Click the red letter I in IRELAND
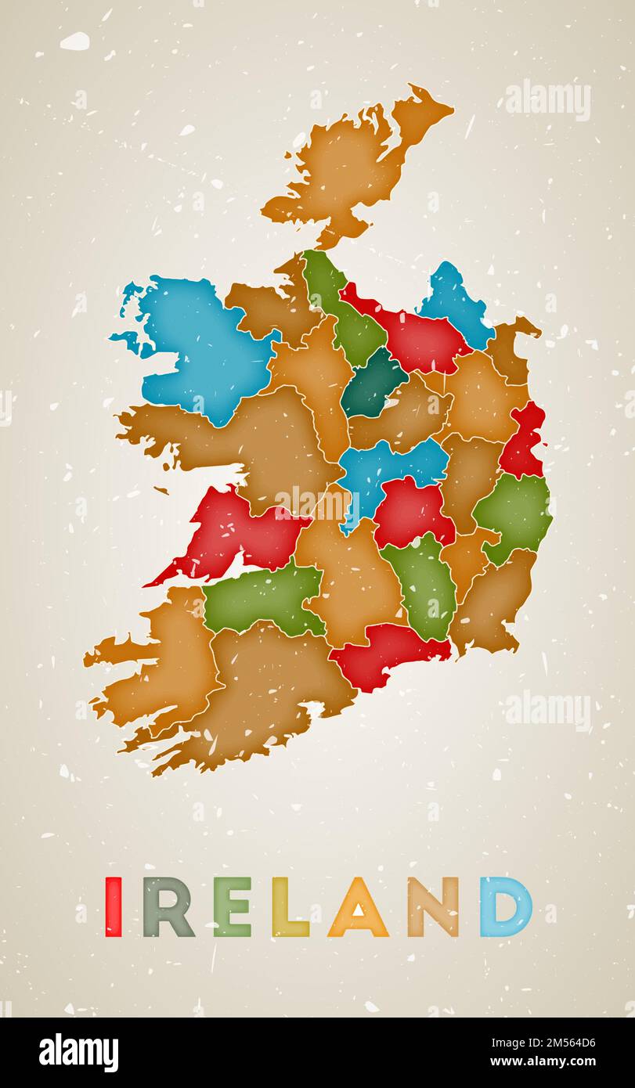coord(114,906)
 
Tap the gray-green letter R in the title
coord(168,906)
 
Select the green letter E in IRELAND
coord(233,906)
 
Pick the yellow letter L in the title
coord(289,906)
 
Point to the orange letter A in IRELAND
coord(358,908)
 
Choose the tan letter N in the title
coord(433,906)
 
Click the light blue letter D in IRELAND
coord(505,906)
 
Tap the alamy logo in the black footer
coord(78,1052)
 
